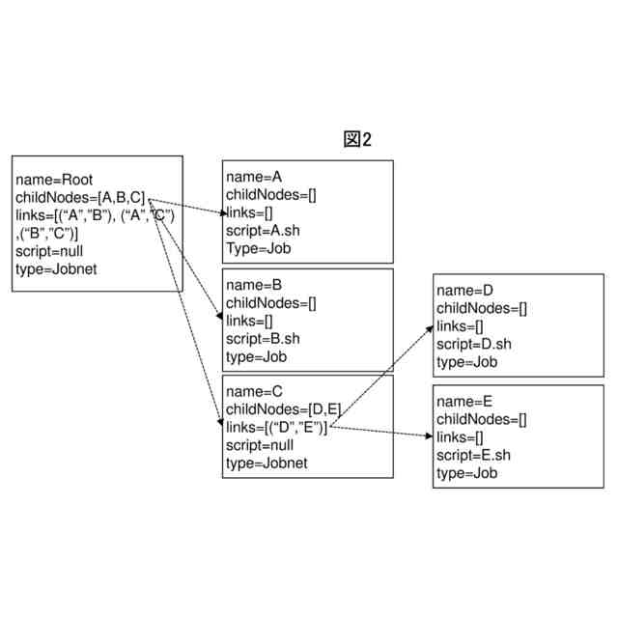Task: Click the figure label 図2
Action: [357, 140]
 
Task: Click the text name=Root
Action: [54, 180]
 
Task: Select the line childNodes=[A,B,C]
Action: [81, 197]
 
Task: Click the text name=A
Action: [254, 178]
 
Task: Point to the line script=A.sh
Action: [263, 231]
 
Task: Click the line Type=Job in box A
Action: [258, 248]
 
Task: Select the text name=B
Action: [254, 285]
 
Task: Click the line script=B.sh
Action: [263, 338]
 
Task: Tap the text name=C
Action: [254, 392]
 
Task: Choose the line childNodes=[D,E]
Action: [283, 409]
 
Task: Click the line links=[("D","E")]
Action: [277, 428]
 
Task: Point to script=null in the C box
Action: [260, 445]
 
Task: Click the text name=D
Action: [464, 290]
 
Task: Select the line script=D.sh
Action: [473, 344]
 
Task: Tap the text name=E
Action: [464, 401]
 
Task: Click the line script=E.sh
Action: [473, 455]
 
